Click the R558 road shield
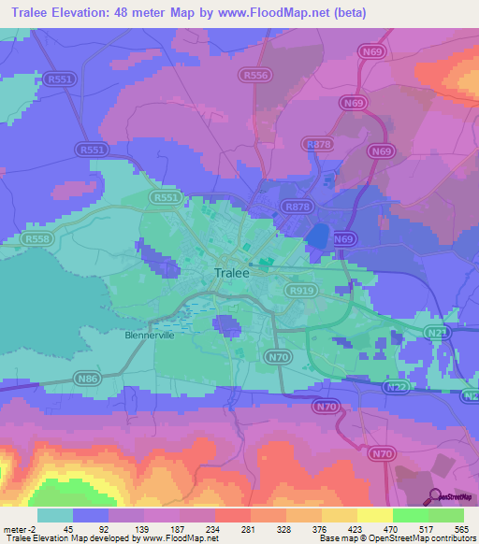click(37, 240)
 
